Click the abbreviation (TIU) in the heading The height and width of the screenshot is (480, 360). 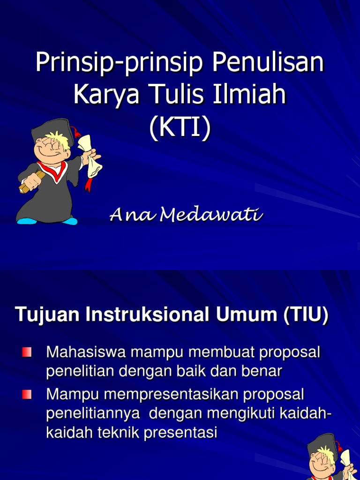click(305, 315)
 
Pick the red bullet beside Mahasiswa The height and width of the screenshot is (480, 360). click(26, 352)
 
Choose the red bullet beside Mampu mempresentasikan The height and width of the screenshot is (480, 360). click(26, 395)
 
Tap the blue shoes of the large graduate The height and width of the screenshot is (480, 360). click(47, 220)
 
